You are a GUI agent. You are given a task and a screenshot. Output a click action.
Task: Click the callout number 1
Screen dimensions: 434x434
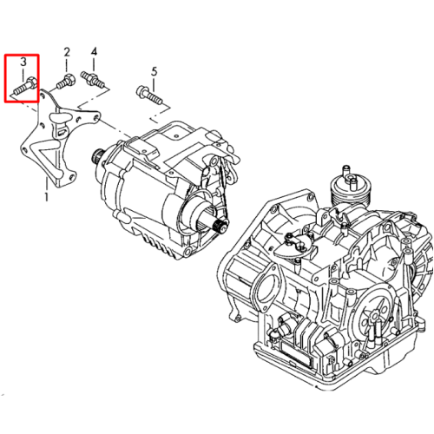(x=46, y=196)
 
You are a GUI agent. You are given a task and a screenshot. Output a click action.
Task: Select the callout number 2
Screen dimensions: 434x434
(x=67, y=52)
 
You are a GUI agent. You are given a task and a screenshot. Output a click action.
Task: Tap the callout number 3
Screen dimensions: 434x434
(x=23, y=62)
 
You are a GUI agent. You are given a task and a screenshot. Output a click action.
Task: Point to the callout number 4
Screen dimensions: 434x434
(x=94, y=52)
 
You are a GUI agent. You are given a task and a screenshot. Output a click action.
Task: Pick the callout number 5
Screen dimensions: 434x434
(x=155, y=71)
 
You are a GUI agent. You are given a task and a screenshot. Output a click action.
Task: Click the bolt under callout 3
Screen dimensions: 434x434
(x=24, y=85)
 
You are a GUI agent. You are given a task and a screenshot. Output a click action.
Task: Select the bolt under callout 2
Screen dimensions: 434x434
(x=66, y=82)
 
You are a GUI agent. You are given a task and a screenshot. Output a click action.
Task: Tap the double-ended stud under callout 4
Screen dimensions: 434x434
(x=93, y=79)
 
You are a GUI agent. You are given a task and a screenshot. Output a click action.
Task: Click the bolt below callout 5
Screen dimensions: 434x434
(x=149, y=95)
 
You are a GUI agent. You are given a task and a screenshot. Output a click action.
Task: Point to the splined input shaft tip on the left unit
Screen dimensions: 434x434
(x=95, y=155)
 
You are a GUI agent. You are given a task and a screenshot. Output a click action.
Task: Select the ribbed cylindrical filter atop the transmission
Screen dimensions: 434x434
(x=351, y=188)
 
